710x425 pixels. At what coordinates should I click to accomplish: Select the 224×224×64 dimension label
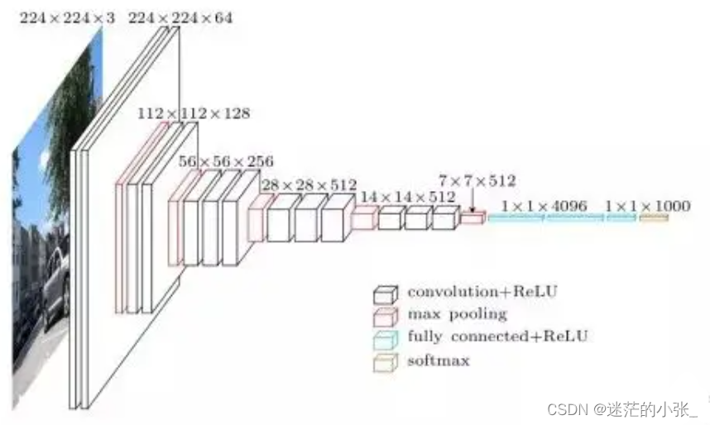(180, 17)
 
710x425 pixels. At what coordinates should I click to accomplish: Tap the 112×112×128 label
(193, 113)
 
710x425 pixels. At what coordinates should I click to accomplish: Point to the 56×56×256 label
(226, 161)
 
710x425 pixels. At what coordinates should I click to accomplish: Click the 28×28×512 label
(309, 184)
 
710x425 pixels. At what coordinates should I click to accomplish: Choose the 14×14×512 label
(406, 197)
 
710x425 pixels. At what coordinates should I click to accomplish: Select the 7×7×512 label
(477, 180)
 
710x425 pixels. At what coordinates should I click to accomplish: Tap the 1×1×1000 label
(647, 205)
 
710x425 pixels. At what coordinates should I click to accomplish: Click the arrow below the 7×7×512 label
(473, 201)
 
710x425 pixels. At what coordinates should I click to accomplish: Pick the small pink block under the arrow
(472, 218)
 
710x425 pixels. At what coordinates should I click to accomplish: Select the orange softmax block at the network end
(654, 217)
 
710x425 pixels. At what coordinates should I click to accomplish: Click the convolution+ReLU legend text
(482, 292)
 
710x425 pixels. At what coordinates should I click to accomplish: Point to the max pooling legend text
(457, 314)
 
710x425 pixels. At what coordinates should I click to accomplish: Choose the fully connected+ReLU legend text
(497, 337)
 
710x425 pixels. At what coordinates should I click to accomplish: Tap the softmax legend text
(439, 360)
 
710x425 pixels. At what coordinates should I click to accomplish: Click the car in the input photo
(54, 285)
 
